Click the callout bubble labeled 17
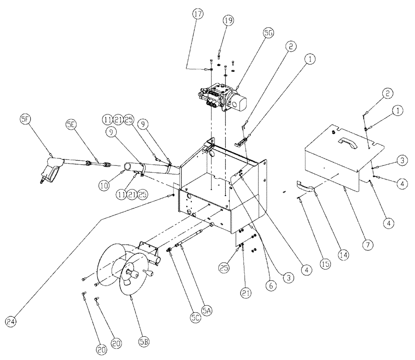pos(198,14)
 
